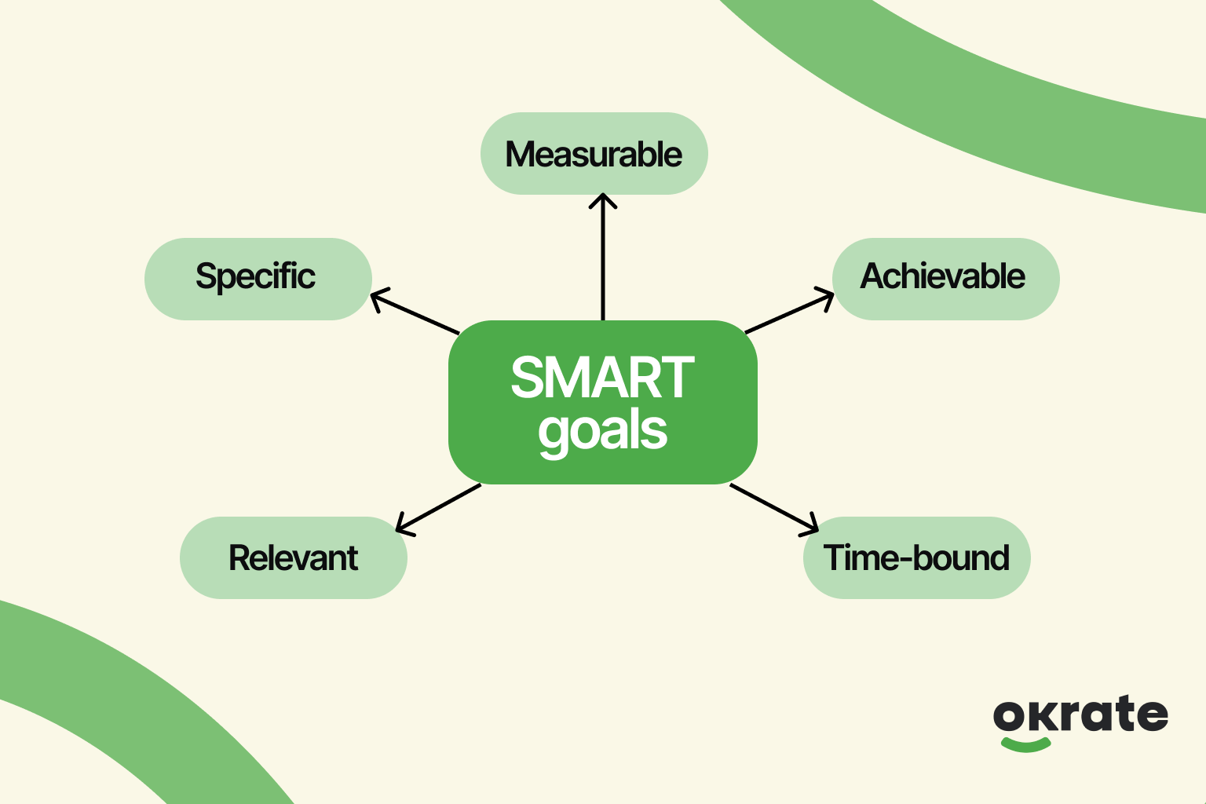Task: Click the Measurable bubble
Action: click(594, 154)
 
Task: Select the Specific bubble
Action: click(258, 278)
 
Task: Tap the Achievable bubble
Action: click(945, 278)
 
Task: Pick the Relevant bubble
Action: click(293, 558)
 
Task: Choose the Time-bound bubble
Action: click(916, 558)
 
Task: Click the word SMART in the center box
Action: click(602, 378)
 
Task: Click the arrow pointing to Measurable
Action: click(603, 259)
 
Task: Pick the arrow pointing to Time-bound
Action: click(774, 507)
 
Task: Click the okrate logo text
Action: click(1080, 714)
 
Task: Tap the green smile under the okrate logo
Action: click(1025, 744)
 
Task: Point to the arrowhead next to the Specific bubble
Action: click(377, 298)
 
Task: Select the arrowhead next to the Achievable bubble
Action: click(827, 298)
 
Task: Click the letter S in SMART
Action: click(528, 378)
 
